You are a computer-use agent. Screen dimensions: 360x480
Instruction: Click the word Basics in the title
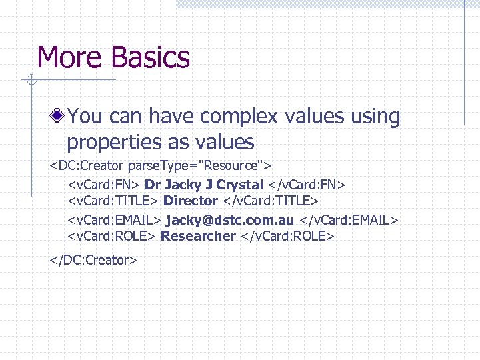coord(151,57)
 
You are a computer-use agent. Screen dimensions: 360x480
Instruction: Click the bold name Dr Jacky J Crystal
coord(204,183)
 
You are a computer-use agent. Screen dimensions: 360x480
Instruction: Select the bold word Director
coord(191,201)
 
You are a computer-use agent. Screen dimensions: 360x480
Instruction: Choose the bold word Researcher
coord(198,236)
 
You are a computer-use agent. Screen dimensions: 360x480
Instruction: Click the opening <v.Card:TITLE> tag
coord(113,201)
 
